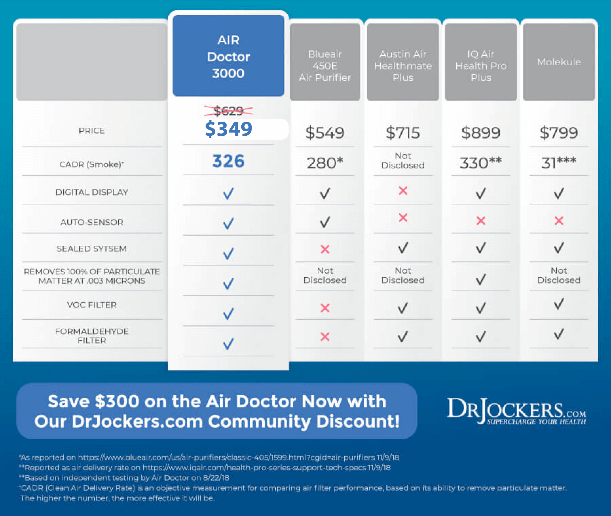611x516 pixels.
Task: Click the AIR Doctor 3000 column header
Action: (228, 56)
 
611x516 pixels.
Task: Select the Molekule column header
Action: (559, 62)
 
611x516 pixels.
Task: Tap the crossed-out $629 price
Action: (228, 111)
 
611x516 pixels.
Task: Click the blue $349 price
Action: (228, 129)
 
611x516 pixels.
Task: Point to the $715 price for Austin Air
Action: (403, 133)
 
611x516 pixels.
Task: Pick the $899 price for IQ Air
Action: (481, 133)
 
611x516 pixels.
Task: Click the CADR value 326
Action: (228, 161)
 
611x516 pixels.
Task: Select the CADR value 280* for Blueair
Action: (325, 163)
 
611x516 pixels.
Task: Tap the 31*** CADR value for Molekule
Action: (558, 163)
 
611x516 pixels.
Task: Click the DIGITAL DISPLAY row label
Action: (92, 192)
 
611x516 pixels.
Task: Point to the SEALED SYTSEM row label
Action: (92, 249)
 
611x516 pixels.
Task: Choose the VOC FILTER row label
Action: (92, 305)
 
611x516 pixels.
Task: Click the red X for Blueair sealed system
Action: (325, 249)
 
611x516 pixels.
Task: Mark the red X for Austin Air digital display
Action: (403, 191)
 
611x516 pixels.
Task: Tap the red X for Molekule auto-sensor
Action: (559, 221)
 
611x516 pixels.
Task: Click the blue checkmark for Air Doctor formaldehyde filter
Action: (228, 344)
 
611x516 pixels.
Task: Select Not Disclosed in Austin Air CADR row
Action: (403, 160)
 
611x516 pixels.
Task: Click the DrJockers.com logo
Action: (516, 411)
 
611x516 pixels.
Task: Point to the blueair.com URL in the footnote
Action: (227, 457)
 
